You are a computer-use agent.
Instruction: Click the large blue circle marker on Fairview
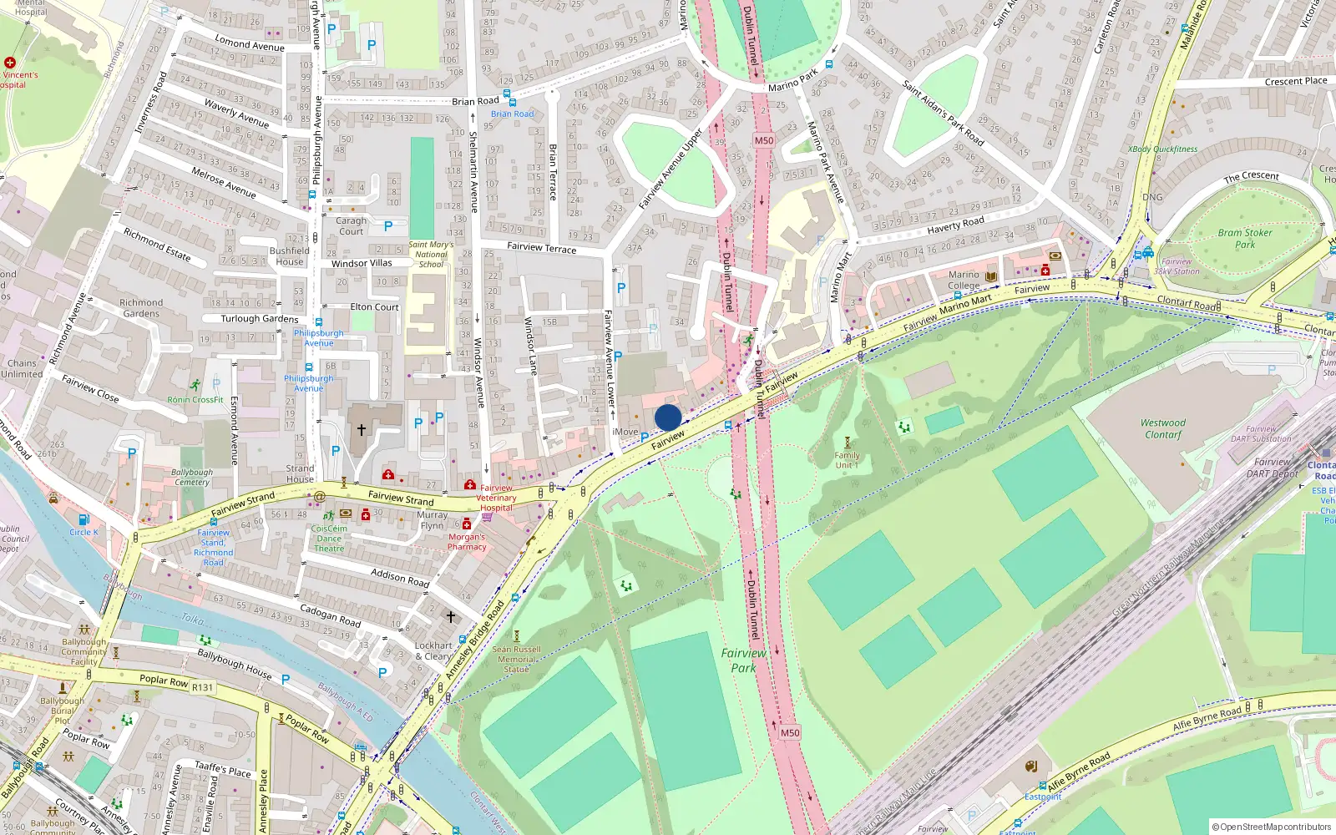coord(668,417)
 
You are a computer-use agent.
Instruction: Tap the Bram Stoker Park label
coord(1245,239)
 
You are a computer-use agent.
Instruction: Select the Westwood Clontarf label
coord(1163,428)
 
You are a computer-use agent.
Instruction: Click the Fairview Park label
coord(743,660)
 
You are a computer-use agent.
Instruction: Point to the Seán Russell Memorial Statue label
coord(516,659)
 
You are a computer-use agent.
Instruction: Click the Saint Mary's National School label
coord(431,255)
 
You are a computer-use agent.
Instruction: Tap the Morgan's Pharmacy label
coord(467,542)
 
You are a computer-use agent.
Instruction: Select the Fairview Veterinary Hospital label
coord(496,498)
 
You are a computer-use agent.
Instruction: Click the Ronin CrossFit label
coord(195,400)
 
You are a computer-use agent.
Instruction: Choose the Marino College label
coord(964,280)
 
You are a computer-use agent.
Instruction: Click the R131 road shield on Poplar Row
coord(202,687)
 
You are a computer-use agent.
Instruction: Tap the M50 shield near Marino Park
coord(764,140)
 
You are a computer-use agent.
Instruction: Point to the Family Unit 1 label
coord(847,460)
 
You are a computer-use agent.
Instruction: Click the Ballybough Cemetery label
coord(192,477)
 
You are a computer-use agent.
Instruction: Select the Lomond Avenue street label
coord(250,43)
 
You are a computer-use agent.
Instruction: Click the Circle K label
coord(83,532)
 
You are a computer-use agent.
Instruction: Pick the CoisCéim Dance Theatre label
coord(329,538)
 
